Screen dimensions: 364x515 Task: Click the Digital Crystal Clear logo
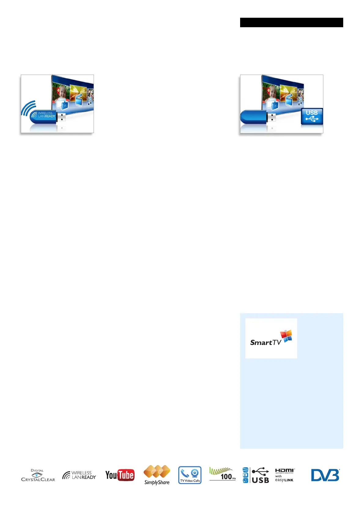click(x=38, y=475)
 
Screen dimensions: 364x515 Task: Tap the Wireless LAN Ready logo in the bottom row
click(x=79, y=475)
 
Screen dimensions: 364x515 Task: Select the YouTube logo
click(x=120, y=475)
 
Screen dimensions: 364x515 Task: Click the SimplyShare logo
click(x=157, y=475)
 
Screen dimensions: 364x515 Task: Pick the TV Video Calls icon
click(x=190, y=475)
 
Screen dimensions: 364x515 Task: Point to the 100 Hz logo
click(x=222, y=474)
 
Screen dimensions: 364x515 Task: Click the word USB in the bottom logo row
click(x=260, y=480)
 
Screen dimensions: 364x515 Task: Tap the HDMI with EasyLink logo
click(x=284, y=475)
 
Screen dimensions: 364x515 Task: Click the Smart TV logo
click(x=271, y=338)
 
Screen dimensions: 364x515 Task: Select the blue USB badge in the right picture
click(x=312, y=116)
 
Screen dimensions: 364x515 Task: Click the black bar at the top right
click(x=291, y=23)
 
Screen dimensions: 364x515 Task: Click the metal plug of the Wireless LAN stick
click(x=61, y=117)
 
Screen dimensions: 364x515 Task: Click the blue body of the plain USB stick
click(x=254, y=117)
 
